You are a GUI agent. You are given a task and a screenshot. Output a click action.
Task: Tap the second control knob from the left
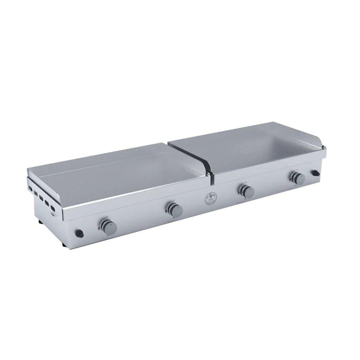coord(174,208)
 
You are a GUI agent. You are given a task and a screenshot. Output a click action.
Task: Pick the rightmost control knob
coord(298,177)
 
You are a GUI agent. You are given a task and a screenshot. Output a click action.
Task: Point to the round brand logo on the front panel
coord(211,198)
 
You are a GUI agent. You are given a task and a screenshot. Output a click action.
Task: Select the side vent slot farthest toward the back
coord(30,184)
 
